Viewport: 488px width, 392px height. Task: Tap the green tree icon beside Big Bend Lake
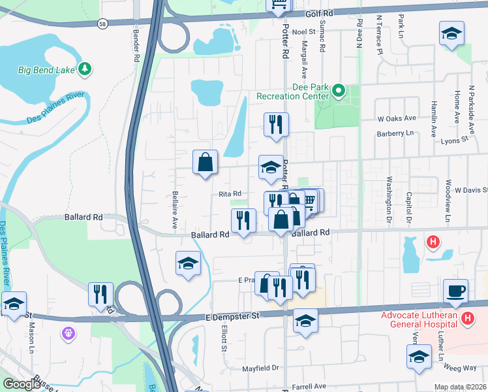pyautogui.click(x=85, y=68)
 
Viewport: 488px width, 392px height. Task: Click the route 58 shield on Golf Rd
pyautogui.click(x=103, y=23)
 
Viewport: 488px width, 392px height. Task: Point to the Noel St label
pyautogui.click(x=303, y=31)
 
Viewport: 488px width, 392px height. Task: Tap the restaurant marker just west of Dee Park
pyautogui.click(x=276, y=123)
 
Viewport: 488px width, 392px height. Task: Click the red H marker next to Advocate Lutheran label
pyautogui.click(x=467, y=318)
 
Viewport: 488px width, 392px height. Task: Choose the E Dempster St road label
pyautogui.click(x=232, y=316)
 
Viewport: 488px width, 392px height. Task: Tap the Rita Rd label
pyautogui.click(x=230, y=193)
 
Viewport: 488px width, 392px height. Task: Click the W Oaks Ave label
pyautogui.click(x=397, y=118)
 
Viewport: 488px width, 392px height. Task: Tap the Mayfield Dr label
pyautogui.click(x=261, y=368)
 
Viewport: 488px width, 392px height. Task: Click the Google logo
pyautogui.click(x=22, y=384)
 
